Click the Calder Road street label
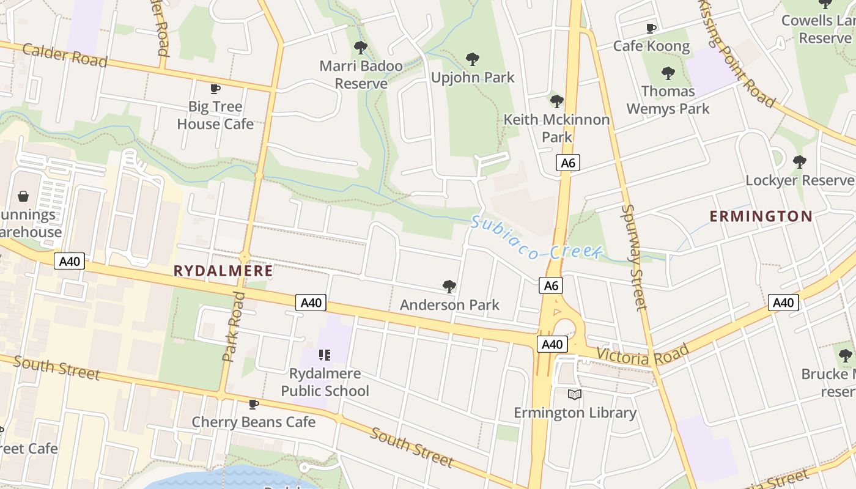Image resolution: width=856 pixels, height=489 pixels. [64, 55]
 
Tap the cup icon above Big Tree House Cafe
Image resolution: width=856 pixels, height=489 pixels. [215, 89]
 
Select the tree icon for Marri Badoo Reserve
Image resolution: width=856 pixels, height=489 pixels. [361, 47]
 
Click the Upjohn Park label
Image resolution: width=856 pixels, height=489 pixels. [473, 78]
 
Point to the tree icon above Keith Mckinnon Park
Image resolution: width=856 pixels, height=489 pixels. [556, 101]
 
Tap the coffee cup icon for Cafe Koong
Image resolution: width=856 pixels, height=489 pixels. [651, 28]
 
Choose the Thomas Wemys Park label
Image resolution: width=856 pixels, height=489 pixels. [668, 100]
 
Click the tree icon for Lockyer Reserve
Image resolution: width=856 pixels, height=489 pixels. [799, 162]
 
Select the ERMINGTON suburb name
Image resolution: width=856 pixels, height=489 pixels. [761, 216]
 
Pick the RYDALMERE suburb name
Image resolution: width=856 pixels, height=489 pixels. [223, 270]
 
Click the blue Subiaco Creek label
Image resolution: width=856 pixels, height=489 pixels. [537, 238]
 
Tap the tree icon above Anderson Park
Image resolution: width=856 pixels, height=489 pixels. [449, 286]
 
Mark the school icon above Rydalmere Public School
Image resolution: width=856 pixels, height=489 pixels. [325, 355]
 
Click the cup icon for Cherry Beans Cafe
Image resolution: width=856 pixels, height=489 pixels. [254, 404]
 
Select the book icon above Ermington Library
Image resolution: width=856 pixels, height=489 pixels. [574, 394]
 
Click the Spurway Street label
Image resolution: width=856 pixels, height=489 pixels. [633, 257]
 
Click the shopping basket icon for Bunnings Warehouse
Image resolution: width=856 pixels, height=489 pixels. [23, 196]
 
